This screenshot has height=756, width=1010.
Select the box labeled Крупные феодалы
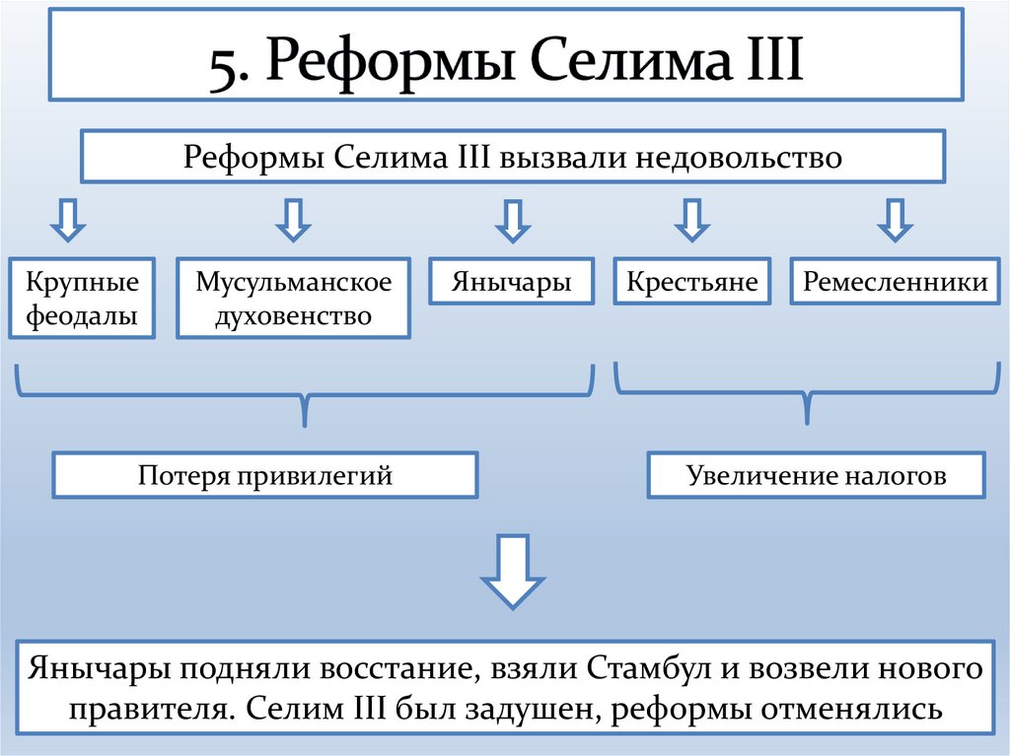[x=82, y=300]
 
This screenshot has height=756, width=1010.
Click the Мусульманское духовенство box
[x=293, y=300]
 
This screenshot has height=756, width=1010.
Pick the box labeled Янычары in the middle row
[x=512, y=282]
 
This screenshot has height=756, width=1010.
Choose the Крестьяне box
[x=691, y=282]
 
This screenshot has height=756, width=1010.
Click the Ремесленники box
[x=895, y=282]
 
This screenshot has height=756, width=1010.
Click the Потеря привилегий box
[x=265, y=476]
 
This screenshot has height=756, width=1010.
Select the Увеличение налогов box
[x=816, y=476]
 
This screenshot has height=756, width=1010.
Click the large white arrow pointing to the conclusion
[x=512, y=572]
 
